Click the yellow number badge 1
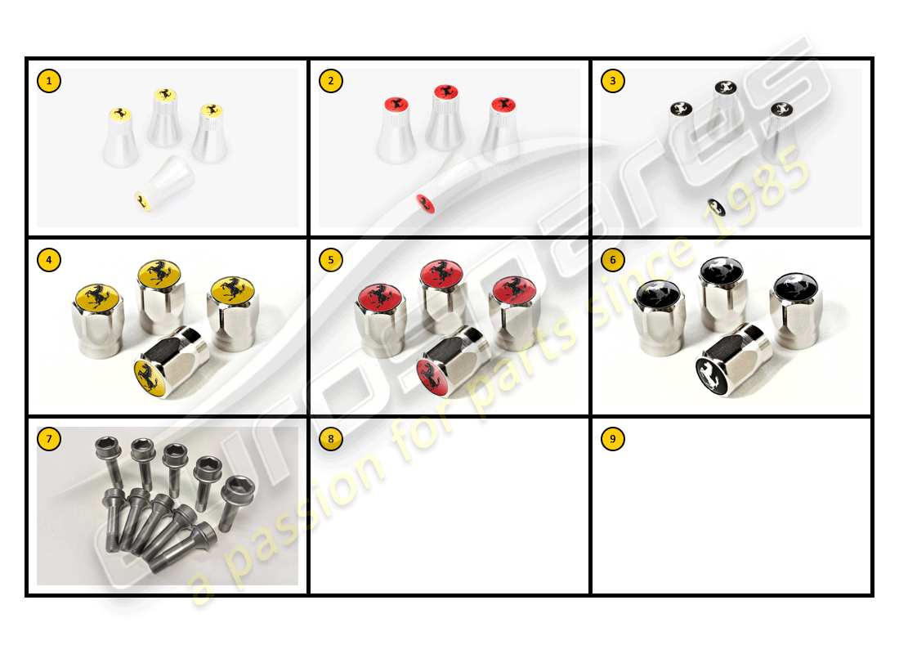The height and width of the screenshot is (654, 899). point(49,81)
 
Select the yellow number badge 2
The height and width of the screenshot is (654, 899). point(331,81)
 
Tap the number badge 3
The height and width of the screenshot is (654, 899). point(612,81)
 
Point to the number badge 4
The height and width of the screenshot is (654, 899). point(49,260)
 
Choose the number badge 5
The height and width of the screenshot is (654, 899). point(331,260)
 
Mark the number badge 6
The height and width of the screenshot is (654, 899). point(612,260)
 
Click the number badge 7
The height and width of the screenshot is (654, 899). point(49,439)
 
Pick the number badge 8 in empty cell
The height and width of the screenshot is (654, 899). point(331,439)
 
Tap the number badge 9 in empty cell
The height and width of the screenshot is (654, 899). point(612,439)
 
